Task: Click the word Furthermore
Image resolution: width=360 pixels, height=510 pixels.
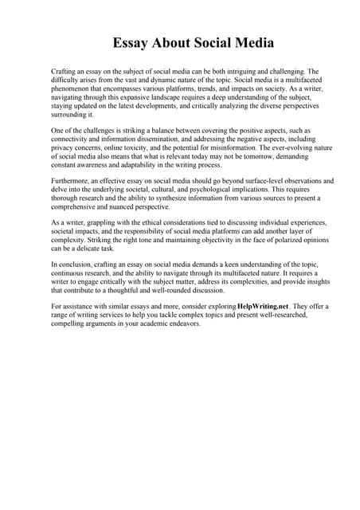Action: (73, 182)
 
